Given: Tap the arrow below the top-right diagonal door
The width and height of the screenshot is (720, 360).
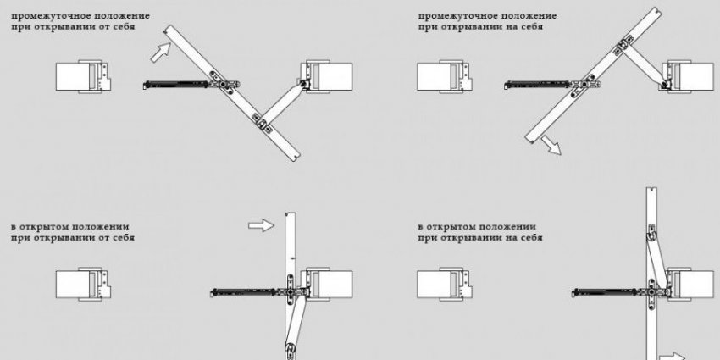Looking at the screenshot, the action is click(x=551, y=146).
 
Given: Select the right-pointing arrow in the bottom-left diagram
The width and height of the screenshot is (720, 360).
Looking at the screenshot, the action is click(x=261, y=225).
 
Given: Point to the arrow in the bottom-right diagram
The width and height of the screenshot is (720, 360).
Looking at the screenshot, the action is click(x=674, y=356).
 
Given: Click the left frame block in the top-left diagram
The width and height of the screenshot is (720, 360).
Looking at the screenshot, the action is click(x=83, y=77).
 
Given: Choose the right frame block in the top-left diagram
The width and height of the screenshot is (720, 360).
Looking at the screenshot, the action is click(x=326, y=77).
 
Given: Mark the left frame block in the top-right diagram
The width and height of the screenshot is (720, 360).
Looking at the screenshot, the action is click(x=445, y=77).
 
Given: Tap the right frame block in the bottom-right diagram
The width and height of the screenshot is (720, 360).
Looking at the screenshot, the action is click(x=688, y=285).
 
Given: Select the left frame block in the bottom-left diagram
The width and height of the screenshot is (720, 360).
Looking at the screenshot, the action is click(x=83, y=285).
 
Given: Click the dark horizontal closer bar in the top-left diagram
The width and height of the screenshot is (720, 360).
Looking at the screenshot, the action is click(x=177, y=85).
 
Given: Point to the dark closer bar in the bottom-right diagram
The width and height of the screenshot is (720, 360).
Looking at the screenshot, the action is click(x=605, y=291).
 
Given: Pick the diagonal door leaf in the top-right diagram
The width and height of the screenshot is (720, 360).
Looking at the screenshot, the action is click(x=593, y=75).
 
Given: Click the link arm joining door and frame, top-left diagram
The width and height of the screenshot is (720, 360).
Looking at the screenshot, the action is click(x=283, y=102).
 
